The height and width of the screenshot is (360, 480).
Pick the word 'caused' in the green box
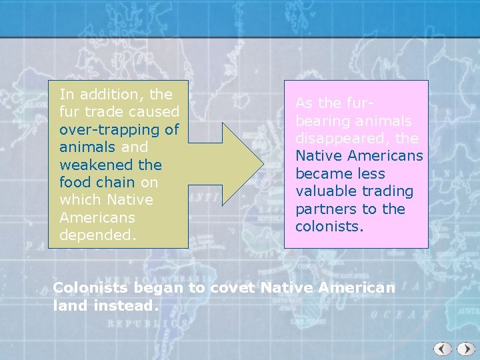[x=154, y=112]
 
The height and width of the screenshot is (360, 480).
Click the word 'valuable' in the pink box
[x=328, y=191]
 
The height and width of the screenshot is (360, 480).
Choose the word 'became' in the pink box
[x=321, y=174]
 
